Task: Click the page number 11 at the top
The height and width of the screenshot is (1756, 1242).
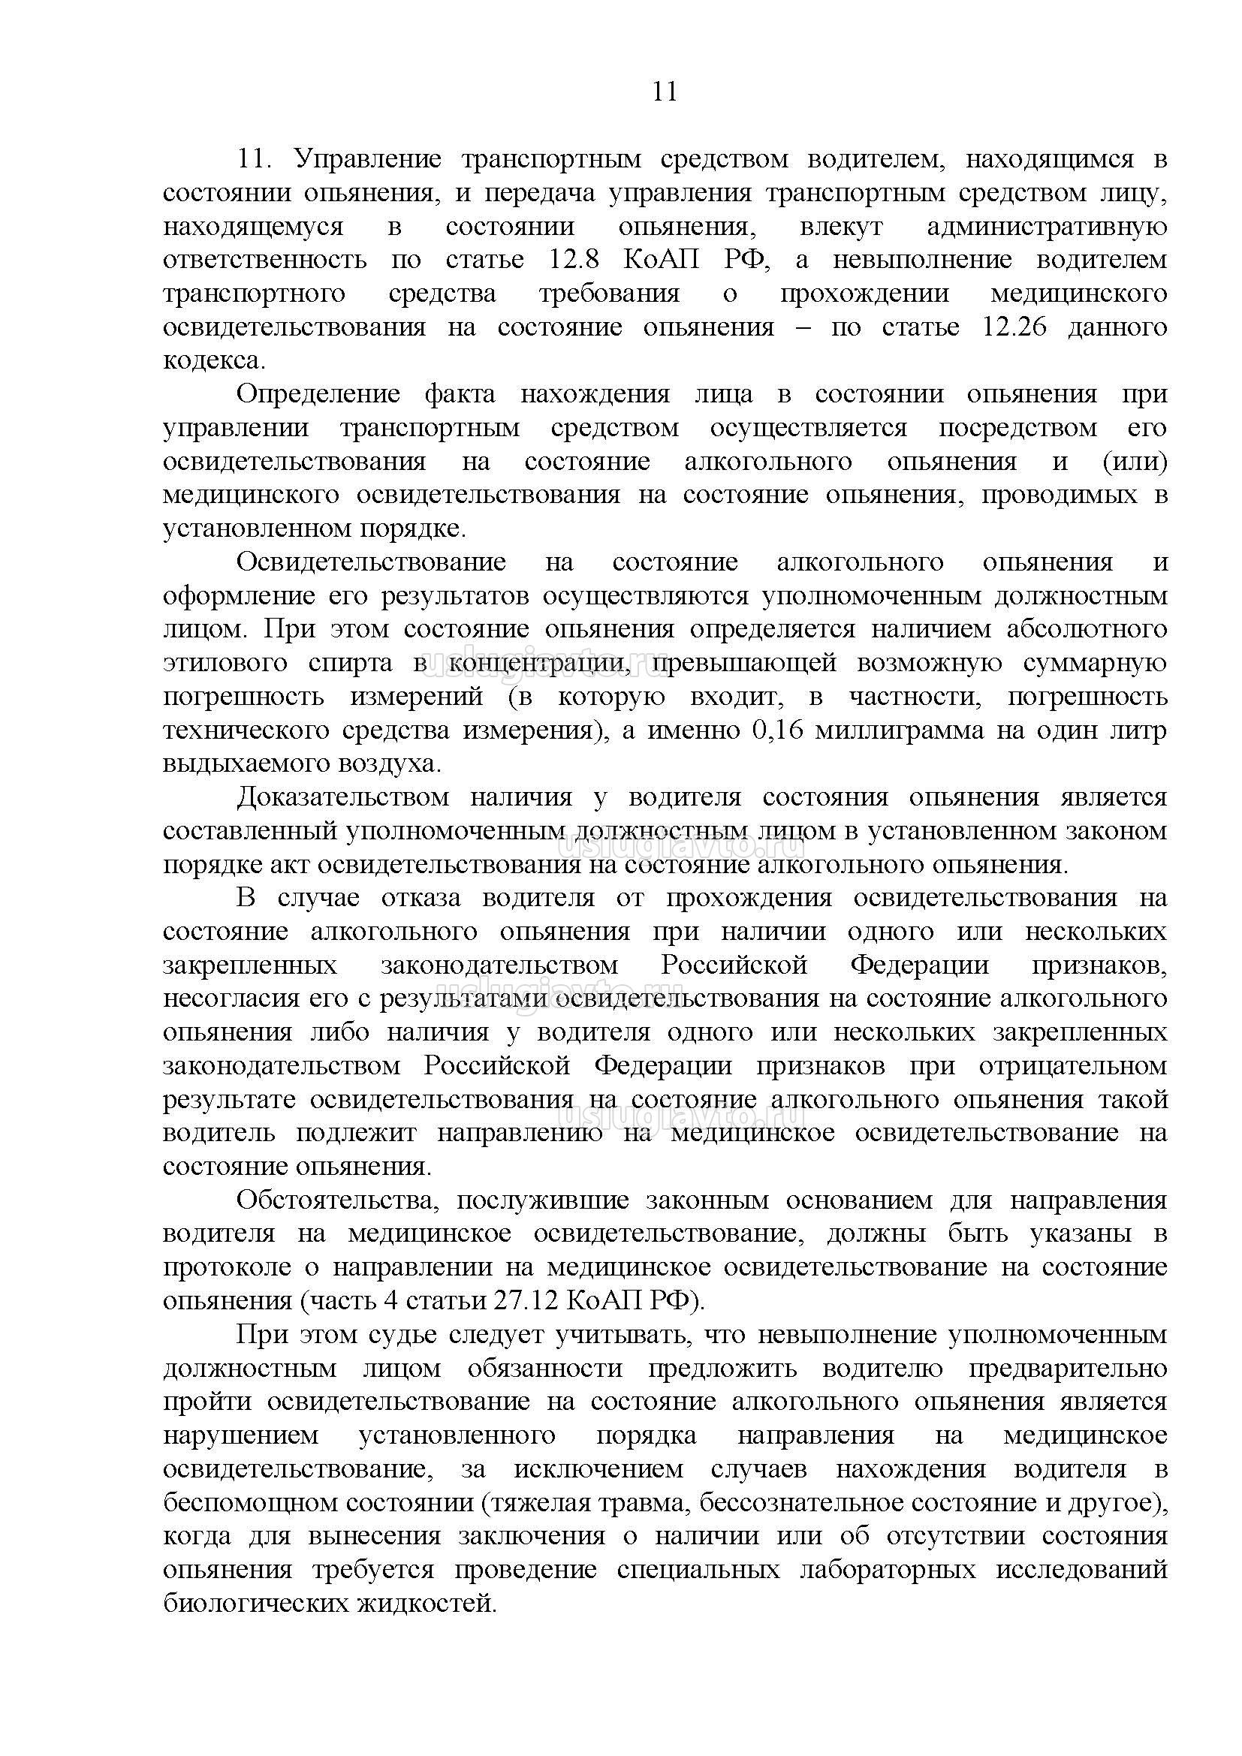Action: point(665,92)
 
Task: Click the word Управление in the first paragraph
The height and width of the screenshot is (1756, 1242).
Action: point(367,159)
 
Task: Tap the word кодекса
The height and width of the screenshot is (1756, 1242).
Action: point(214,361)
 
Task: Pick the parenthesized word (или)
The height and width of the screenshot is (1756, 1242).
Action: point(1134,462)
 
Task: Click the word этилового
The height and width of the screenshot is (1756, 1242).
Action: point(225,662)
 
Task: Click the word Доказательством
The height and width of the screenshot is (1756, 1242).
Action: point(342,798)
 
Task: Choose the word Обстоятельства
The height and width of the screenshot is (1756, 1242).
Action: point(337,1200)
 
